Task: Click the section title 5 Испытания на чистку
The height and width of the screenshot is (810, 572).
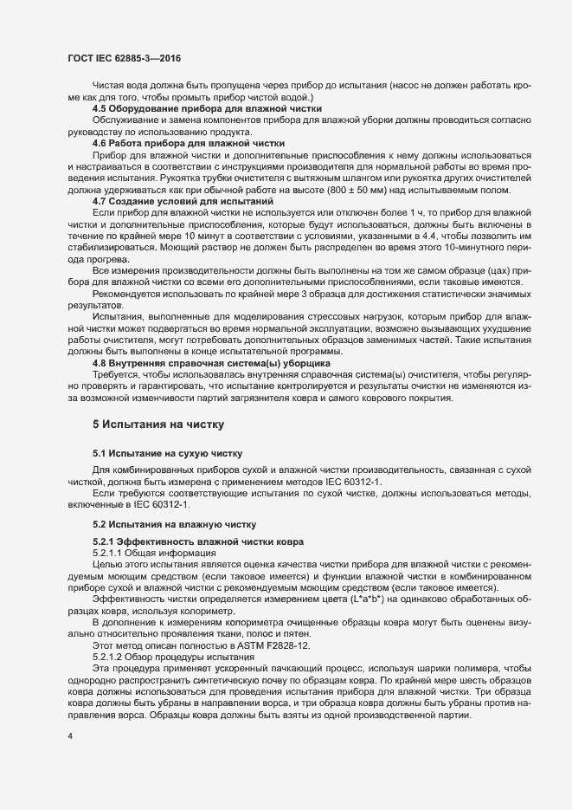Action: pos(157,424)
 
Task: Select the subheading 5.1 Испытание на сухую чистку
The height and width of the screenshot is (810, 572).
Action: pos(167,453)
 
